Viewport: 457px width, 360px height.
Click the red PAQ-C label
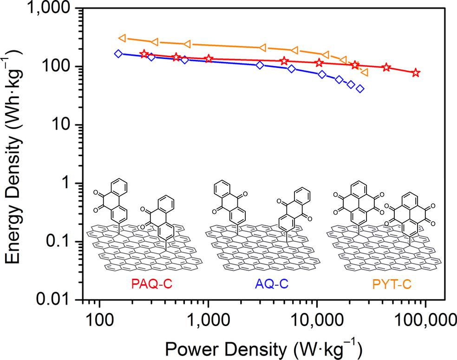pos(151,283)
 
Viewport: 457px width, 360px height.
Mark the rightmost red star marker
pos(416,73)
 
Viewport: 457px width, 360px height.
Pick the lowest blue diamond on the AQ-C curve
pos(360,89)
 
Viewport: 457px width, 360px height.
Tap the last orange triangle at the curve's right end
pos(365,72)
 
